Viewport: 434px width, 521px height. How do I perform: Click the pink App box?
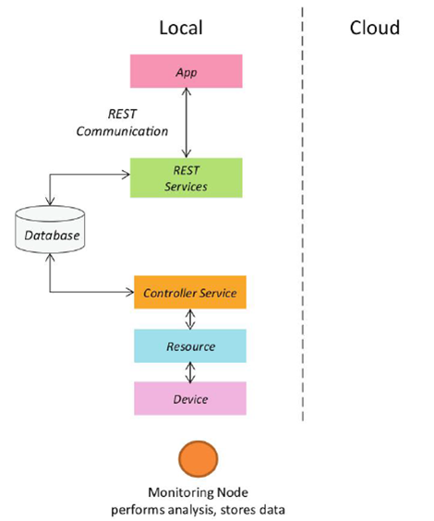pyautogui.click(x=186, y=71)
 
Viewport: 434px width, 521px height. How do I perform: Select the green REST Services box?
pyautogui.click(x=186, y=177)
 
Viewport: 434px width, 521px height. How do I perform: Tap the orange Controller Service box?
pyautogui.click(x=190, y=292)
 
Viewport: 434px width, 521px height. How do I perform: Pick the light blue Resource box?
pyautogui.click(x=190, y=345)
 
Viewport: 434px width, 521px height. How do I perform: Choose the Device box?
pyautogui.click(x=190, y=398)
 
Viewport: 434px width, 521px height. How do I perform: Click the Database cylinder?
pyautogui.click(x=50, y=229)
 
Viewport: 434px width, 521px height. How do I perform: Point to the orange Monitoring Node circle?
pyautogui.click(x=199, y=459)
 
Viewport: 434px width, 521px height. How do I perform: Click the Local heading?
pyautogui.click(x=181, y=28)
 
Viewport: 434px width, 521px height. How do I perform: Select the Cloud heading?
pyautogui.click(x=375, y=28)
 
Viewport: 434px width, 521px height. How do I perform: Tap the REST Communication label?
pyautogui.click(x=122, y=123)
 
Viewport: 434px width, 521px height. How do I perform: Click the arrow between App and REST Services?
pyautogui.click(x=187, y=123)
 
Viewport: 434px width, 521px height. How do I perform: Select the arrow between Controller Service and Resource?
pyautogui.click(x=190, y=319)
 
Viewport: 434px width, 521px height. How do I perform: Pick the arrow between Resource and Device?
pyautogui.click(x=190, y=372)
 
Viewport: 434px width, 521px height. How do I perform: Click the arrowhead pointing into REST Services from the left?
pyautogui.click(x=127, y=175)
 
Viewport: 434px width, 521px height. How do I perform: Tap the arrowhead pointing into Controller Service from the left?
pyautogui.click(x=130, y=292)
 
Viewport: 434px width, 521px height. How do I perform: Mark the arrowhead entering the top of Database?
pyautogui.click(x=50, y=201)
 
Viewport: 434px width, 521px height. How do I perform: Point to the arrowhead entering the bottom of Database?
pyautogui.click(x=50, y=257)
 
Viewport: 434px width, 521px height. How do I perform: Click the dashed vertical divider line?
pyautogui.click(x=303, y=214)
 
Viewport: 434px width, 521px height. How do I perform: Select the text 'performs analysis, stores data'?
pyautogui.click(x=198, y=509)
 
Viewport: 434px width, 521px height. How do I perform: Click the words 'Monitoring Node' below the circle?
pyautogui.click(x=198, y=492)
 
